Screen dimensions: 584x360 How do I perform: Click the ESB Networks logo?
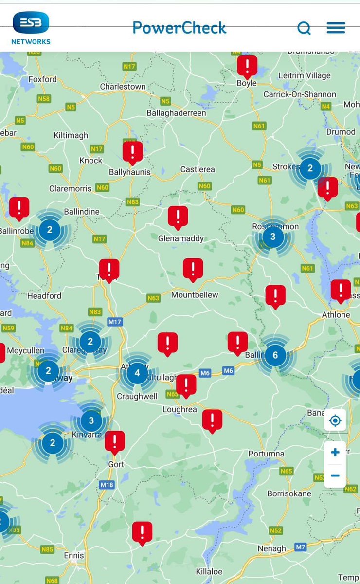click(31, 28)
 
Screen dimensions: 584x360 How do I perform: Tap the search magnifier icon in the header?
click(304, 28)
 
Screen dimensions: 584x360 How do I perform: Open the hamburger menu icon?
click(336, 28)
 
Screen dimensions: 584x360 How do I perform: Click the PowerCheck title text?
click(180, 28)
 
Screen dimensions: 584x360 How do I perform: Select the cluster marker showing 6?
click(275, 355)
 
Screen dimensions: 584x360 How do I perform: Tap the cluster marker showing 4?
click(137, 373)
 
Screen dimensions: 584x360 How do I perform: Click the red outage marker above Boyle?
click(247, 66)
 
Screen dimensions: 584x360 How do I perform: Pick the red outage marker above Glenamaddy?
click(178, 217)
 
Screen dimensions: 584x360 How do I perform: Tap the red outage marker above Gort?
click(115, 442)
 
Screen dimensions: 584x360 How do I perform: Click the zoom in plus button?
click(335, 453)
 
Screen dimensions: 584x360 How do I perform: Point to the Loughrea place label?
click(180, 410)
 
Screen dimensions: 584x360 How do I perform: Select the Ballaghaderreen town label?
click(177, 113)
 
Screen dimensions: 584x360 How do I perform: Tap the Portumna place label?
click(266, 454)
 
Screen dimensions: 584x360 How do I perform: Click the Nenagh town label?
click(271, 548)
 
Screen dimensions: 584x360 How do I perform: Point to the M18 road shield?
click(106, 485)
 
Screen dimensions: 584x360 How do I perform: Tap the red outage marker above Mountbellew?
click(193, 269)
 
